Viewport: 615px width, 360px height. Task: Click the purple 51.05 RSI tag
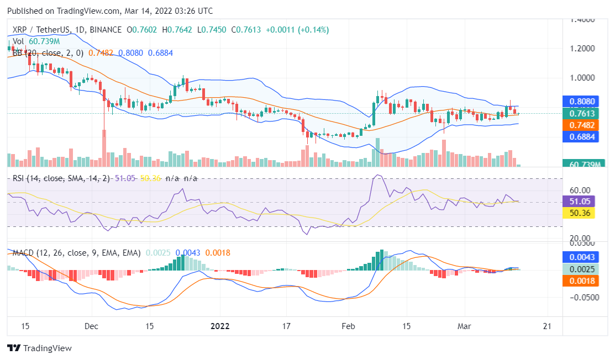pyautogui.click(x=578, y=202)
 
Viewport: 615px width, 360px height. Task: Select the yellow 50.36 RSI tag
pyautogui.click(x=578, y=213)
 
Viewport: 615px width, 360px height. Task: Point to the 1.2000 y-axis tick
pyautogui.click(x=584, y=49)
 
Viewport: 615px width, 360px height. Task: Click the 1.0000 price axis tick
pyautogui.click(x=584, y=77)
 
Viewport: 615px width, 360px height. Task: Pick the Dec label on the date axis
pyautogui.click(x=92, y=326)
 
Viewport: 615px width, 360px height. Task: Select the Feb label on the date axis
pyautogui.click(x=348, y=326)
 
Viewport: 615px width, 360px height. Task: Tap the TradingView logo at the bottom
pyautogui.click(x=39, y=348)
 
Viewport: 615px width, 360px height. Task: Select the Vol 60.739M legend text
pyautogui.click(x=36, y=41)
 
